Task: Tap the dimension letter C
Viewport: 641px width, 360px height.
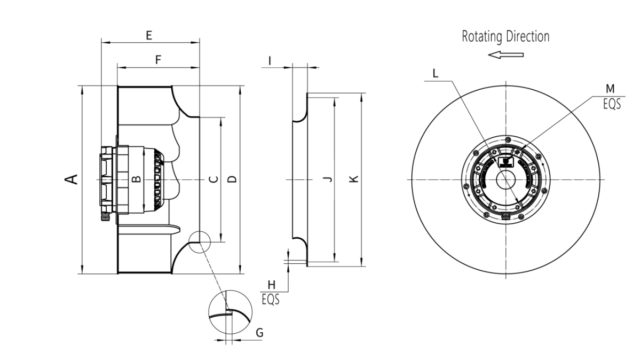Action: click(x=212, y=179)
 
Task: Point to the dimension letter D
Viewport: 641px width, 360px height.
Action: click(x=231, y=179)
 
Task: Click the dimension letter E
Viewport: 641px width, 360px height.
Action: click(x=149, y=36)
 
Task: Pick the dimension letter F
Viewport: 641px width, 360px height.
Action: click(x=158, y=60)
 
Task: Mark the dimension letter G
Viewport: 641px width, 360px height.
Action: click(x=259, y=333)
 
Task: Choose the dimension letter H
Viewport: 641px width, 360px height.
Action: click(x=271, y=286)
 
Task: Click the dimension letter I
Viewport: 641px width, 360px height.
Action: click(x=270, y=61)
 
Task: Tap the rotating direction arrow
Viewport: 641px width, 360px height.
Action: click(x=506, y=54)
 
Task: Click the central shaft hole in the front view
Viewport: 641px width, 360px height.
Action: click(x=505, y=180)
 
